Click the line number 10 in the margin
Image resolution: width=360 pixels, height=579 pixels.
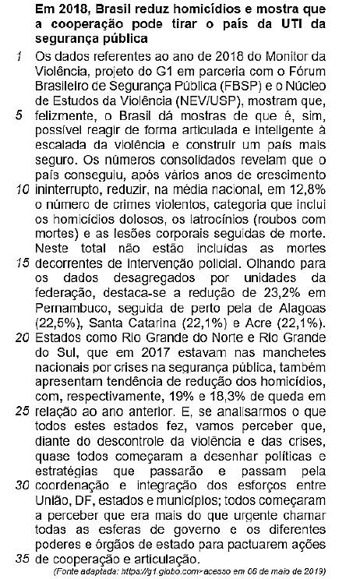(x=22, y=189)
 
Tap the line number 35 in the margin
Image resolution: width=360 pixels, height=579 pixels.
(x=22, y=559)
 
